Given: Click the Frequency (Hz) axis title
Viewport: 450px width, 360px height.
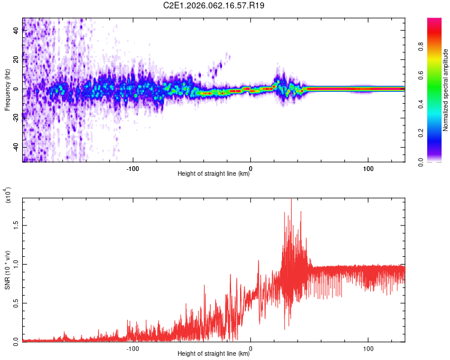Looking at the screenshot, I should point(7,90).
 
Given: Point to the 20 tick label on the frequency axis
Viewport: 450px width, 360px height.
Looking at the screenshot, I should point(16,60).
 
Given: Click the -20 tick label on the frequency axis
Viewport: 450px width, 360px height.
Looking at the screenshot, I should point(16,118).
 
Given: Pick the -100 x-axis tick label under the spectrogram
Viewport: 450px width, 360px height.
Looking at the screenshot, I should point(133,168).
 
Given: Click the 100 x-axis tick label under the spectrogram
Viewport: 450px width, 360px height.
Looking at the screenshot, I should point(368,168).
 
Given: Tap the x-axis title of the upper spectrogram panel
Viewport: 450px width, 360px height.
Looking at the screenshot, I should point(214,175).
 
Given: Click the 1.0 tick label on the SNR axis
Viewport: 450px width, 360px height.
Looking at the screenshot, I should point(16,263).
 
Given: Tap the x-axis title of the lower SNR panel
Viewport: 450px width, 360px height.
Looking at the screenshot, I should point(214,354).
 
